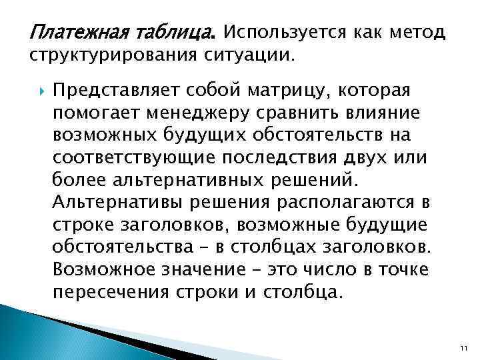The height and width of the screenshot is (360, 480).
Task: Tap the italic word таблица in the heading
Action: pyautogui.click(x=181, y=31)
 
